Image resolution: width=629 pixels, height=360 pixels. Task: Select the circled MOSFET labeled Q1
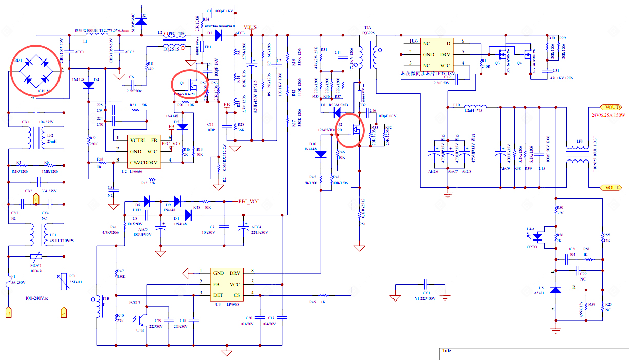189,85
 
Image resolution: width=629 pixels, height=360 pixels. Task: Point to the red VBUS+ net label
251,27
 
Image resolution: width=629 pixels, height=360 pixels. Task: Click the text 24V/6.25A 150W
610,115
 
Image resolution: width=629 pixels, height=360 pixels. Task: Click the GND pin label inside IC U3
219,273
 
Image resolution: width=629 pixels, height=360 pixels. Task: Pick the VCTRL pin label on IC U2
139,141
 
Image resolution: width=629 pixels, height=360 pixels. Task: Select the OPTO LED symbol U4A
538,237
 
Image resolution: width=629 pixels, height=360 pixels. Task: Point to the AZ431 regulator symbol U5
555,290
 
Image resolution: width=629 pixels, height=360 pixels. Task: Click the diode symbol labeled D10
321,154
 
